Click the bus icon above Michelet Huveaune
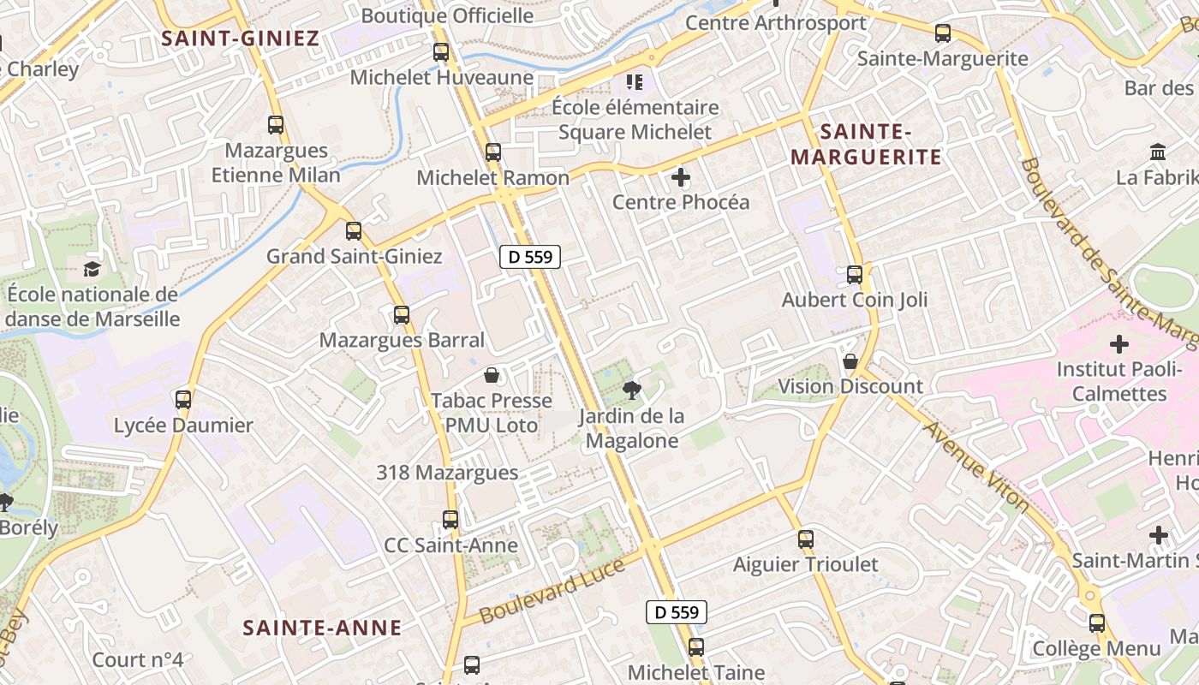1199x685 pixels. pyautogui.click(x=441, y=52)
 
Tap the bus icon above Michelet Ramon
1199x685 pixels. pyautogui.click(x=493, y=152)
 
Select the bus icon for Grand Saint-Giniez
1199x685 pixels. pyautogui.click(x=353, y=231)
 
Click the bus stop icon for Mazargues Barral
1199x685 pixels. pyautogui.click(x=402, y=315)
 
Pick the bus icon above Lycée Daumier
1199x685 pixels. pyautogui.click(x=183, y=400)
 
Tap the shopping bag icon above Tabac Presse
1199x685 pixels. pyautogui.click(x=492, y=375)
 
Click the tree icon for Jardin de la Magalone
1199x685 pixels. pyautogui.click(x=632, y=391)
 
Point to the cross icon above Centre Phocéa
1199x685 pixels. pyautogui.click(x=681, y=178)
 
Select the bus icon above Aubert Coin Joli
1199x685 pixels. pyautogui.click(x=855, y=275)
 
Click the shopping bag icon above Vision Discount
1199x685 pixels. pyautogui.click(x=850, y=361)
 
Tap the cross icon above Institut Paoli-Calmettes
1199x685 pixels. pyautogui.click(x=1118, y=344)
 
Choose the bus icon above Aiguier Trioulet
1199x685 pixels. pyautogui.click(x=805, y=539)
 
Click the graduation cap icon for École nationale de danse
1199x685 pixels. pyautogui.click(x=92, y=270)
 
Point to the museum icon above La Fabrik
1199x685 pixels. pyautogui.click(x=1158, y=152)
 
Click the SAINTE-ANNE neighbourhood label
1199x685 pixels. pyautogui.click(x=322, y=628)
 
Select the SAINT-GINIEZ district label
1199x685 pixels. pyautogui.click(x=240, y=38)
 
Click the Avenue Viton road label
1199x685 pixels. pyautogui.click(x=976, y=466)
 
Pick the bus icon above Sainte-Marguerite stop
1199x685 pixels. pyautogui.click(x=943, y=33)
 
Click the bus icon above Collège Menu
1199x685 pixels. pyautogui.click(x=1097, y=623)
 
